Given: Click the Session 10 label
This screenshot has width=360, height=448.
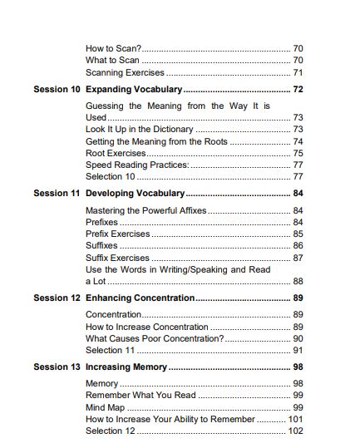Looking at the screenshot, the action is (57, 89).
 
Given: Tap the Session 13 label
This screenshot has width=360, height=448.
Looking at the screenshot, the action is (57, 367).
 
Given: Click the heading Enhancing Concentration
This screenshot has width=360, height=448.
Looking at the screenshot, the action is (140, 298).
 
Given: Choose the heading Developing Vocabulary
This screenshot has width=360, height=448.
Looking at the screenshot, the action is (135, 194).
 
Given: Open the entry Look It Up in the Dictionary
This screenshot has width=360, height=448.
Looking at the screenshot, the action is (139, 130).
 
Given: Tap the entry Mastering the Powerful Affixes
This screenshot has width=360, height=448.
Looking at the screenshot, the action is (145, 211).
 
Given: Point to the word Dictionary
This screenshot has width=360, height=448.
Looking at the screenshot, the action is (172, 130).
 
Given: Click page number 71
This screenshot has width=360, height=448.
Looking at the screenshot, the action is (298, 72).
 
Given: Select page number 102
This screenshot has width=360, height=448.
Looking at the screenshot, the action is (295, 431).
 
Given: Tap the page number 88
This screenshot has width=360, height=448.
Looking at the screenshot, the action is (298, 281).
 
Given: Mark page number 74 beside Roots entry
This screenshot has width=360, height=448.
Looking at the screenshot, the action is (298, 141).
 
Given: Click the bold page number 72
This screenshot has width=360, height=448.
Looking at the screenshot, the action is (298, 89).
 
